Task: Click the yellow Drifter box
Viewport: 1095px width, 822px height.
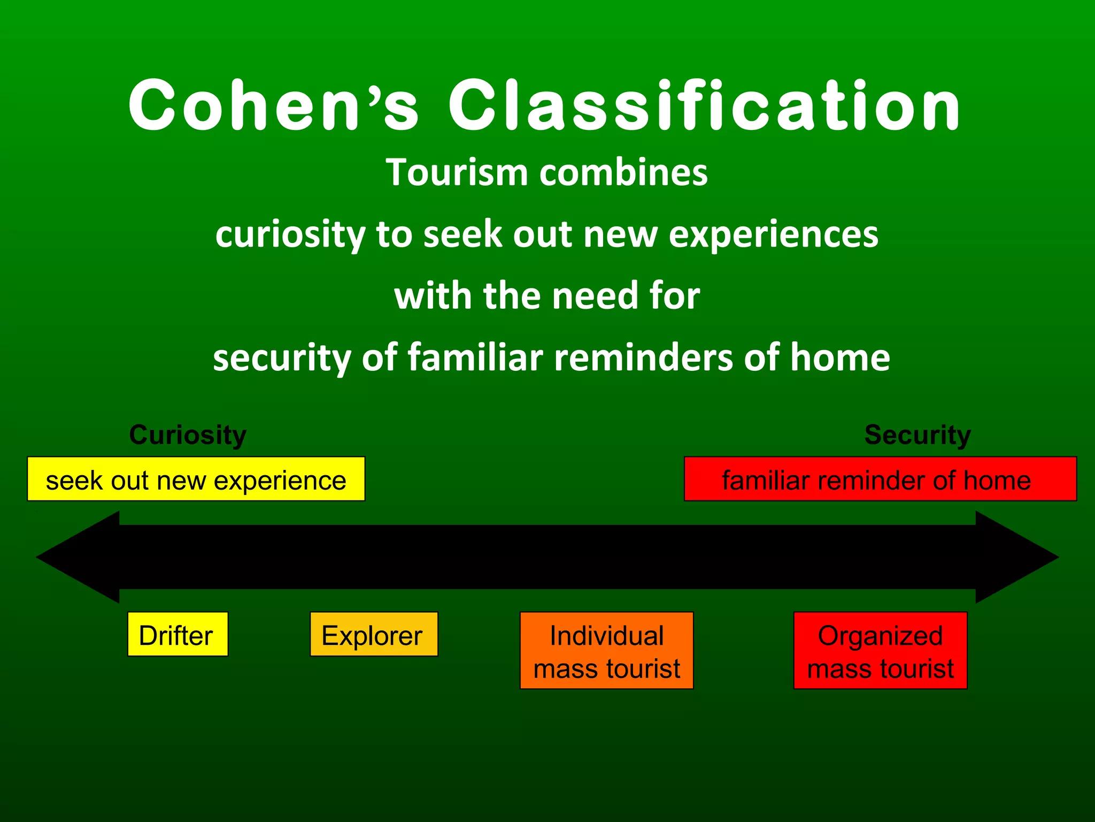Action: tap(178, 634)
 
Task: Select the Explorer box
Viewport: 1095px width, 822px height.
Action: tap(374, 634)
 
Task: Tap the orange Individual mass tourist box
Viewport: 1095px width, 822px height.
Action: tap(606, 651)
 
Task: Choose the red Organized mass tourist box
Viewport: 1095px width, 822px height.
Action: tap(880, 651)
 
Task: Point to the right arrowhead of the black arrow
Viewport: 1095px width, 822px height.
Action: tap(1016, 557)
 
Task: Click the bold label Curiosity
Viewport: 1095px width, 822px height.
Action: tap(188, 435)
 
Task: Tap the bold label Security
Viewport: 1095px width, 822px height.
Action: tap(917, 435)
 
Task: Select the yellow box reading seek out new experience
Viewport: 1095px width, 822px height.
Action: tap(196, 479)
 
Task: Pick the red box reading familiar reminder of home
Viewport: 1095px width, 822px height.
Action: tap(880, 479)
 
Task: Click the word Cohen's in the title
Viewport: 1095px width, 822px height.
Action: tap(273, 105)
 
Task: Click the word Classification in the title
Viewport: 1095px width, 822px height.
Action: tap(705, 105)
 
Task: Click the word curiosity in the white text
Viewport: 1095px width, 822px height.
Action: tap(290, 234)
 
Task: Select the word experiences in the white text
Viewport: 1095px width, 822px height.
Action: tap(773, 234)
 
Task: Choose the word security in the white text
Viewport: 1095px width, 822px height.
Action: tap(281, 357)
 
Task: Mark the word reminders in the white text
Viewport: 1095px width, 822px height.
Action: tap(643, 357)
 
